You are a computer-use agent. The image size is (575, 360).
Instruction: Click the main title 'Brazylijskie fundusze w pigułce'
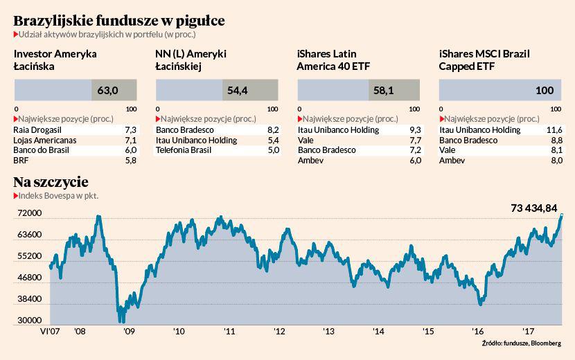pyautogui.click(x=118, y=20)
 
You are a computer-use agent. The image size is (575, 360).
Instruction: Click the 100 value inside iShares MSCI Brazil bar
pyautogui.click(x=545, y=90)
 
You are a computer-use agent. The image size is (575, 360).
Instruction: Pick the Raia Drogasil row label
pyautogui.click(x=38, y=130)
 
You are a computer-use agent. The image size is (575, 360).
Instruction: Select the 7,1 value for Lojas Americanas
pyautogui.click(x=130, y=141)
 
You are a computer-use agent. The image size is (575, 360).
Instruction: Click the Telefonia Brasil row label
pyautogui.click(x=183, y=150)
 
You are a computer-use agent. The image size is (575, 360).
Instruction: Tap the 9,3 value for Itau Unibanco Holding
pyautogui.click(x=415, y=130)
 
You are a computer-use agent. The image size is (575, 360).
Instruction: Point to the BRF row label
pyautogui.click(x=21, y=161)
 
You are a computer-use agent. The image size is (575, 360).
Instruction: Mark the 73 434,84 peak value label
pyautogui.click(x=533, y=207)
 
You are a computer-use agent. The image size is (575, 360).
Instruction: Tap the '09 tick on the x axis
pyautogui.click(x=128, y=332)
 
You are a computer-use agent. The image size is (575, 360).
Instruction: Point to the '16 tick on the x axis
pyautogui.click(x=477, y=332)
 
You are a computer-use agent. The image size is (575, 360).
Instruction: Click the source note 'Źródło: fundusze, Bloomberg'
pyautogui.click(x=522, y=343)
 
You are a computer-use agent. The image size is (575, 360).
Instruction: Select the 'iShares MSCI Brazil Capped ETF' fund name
pyautogui.click(x=484, y=60)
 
